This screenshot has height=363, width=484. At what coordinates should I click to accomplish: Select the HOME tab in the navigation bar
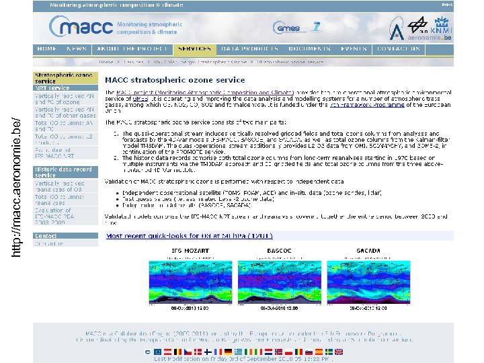point(47,49)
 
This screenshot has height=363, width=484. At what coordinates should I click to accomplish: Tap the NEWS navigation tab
point(77,49)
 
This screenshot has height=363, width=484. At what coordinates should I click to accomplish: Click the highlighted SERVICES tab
point(194,49)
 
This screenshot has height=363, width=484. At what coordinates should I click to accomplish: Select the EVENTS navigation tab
point(354,49)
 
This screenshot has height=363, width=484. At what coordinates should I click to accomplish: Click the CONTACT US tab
point(399,49)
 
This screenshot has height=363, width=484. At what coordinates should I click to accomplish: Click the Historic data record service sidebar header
point(64,173)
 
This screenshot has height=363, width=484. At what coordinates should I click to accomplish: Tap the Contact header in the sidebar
point(46,236)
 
